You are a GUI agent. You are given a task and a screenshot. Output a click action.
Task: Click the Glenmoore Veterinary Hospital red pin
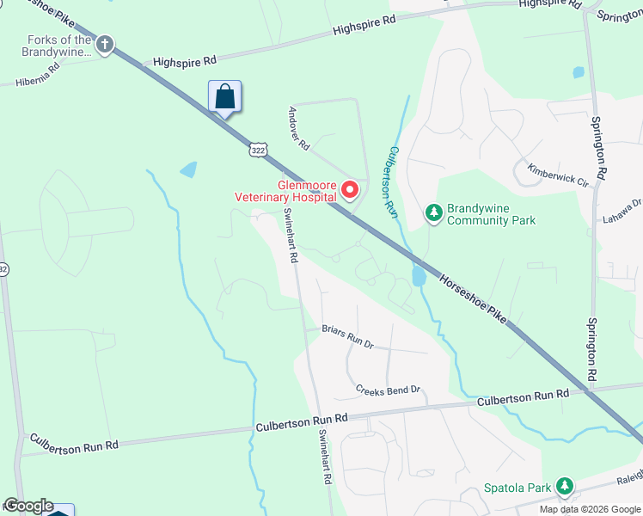[351, 189]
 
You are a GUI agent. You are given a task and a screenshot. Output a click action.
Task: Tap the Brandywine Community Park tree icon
[435, 212]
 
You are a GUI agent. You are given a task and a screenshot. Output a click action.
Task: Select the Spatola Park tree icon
[564, 488]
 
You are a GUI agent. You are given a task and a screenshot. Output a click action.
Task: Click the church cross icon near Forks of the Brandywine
[105, 44]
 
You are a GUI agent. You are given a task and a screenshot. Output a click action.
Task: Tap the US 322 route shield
[258, 150]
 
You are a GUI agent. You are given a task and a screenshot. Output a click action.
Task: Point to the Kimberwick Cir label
[558, 176]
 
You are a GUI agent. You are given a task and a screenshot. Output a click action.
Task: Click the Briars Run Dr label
[347, 335]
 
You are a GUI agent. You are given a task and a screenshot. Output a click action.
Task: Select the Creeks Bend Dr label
[389, 390]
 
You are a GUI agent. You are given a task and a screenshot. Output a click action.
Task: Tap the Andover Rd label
[298, 128]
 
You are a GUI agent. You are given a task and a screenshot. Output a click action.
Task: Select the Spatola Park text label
[515, 488]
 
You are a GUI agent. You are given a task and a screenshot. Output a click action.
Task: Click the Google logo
[28, 506]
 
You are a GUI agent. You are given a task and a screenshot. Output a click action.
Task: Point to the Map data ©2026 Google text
[589, 509]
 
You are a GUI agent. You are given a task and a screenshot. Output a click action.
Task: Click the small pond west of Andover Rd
[188, 169]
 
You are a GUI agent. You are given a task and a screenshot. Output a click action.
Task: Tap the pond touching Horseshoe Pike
[419, 275]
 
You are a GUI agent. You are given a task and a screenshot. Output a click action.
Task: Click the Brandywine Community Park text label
[492, 214]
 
